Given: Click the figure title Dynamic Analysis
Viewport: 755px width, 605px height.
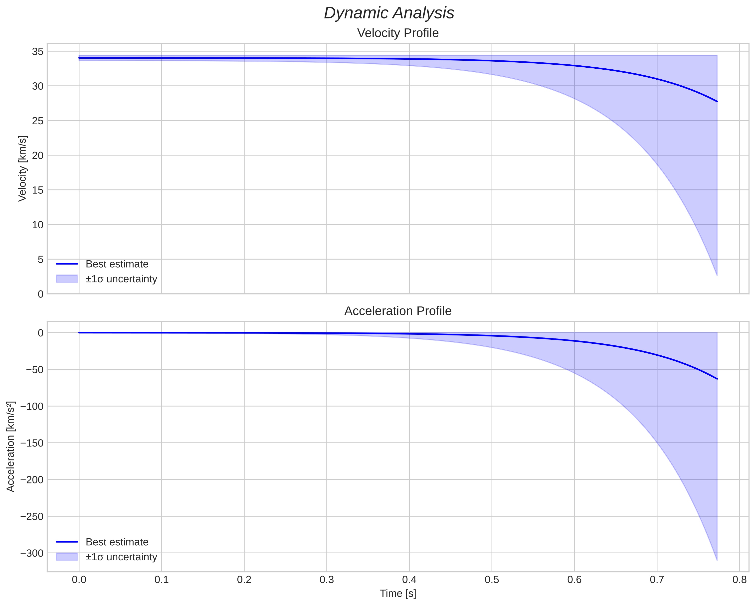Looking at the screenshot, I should tap(389, 13).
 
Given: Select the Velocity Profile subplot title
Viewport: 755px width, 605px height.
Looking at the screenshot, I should tap(397, 33).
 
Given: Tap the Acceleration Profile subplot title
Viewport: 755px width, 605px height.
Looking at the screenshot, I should tap(397, 311).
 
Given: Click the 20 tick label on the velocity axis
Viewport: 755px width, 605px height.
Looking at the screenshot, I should tap(38, 155).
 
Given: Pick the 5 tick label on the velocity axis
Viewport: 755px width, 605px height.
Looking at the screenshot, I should tap(41, 259).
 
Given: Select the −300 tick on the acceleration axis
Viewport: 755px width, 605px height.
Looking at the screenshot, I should tap(32, 553).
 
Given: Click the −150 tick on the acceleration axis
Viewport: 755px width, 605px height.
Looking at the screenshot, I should tap(32, 443).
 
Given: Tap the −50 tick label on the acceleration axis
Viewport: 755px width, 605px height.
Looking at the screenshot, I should tap(34, 370).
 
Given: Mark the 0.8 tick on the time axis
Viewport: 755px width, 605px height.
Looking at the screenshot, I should tap(739, 580).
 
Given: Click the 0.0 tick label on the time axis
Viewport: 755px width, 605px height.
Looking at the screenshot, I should tap(79, 580).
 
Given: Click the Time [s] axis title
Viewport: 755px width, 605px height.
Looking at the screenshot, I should tap(398, 594).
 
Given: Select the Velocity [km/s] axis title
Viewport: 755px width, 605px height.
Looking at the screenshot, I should tap(22, 168).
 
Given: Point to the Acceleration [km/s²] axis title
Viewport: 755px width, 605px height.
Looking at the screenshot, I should tap(11, 447).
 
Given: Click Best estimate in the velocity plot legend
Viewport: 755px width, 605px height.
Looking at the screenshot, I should tap(117, 264).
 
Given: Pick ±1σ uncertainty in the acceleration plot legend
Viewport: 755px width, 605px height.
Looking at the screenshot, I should tap(121, 557).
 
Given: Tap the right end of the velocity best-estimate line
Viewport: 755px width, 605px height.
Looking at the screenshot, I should tap(717, 102).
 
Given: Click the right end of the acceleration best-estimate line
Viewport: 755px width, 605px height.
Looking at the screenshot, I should tap(717, 379).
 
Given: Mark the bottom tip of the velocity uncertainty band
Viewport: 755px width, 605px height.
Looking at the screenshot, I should tap(717, 275).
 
